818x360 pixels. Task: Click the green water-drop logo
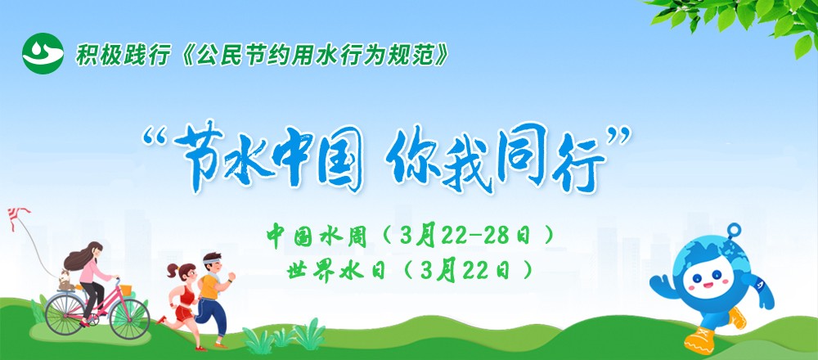[43, 54]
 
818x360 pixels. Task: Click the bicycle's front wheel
[129, 317]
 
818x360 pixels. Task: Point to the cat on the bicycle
[66, 281]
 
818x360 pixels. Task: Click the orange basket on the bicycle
[126, 290]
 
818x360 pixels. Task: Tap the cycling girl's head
[91, 252]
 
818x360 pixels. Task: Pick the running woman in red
[181, 306]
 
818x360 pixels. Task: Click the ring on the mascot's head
[734, 229]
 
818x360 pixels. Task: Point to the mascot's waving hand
[661, 286]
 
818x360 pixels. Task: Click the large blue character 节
[200, 153]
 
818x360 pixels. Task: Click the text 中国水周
[317, 237]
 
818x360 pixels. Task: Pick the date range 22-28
[479, 237]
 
